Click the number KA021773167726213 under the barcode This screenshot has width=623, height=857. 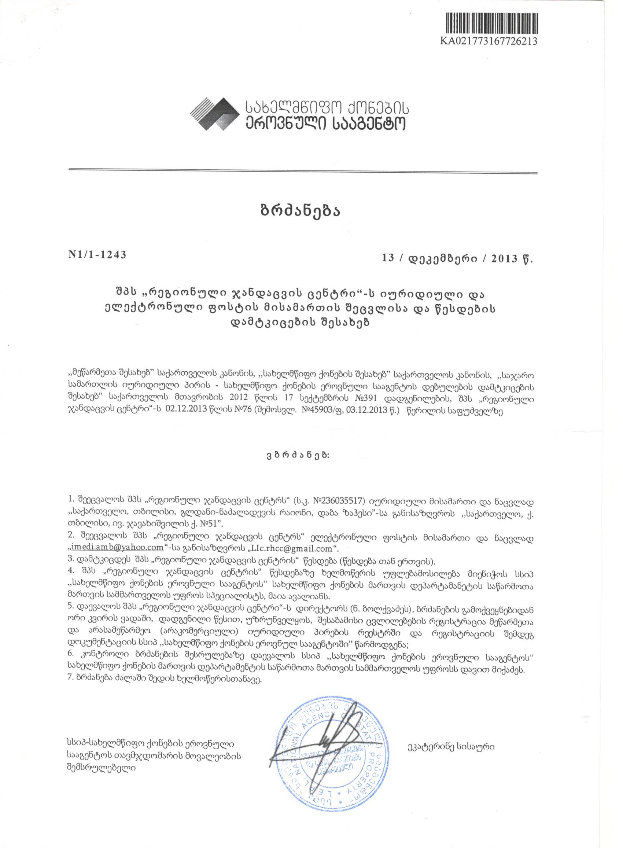489,41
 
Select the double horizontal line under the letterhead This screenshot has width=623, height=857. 302,173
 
